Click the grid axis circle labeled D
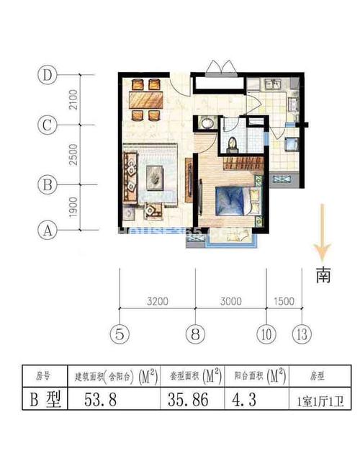click(48, 74)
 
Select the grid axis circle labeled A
click(48, 231)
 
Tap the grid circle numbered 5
click(120, 333)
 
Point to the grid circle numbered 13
click(302, 333)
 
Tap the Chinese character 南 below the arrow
click(323, 277)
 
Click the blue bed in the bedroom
click(232, 200)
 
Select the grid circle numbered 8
click(195, 333)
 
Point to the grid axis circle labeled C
click(48, 125)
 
